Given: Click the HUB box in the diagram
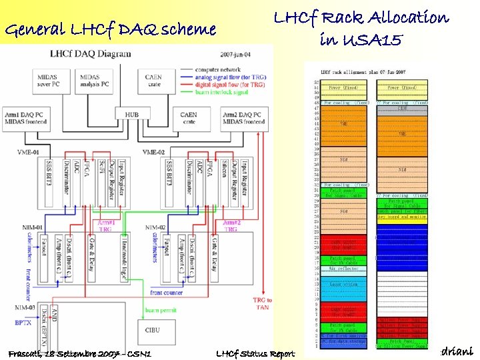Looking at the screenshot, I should click(x=132, y=115).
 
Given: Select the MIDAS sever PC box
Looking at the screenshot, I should click(x=48, y=81).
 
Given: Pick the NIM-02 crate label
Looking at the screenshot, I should click(x=154, y=227).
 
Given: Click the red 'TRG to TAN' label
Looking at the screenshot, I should click(x=263, y=303).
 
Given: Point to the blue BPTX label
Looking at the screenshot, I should click(x=23, y=322).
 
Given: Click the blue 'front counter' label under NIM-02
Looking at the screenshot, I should click(x=166, y=292).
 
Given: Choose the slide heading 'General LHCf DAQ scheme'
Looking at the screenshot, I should click(x=110, y=29).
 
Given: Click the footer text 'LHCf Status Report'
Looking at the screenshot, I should click(x=255, y=353).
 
